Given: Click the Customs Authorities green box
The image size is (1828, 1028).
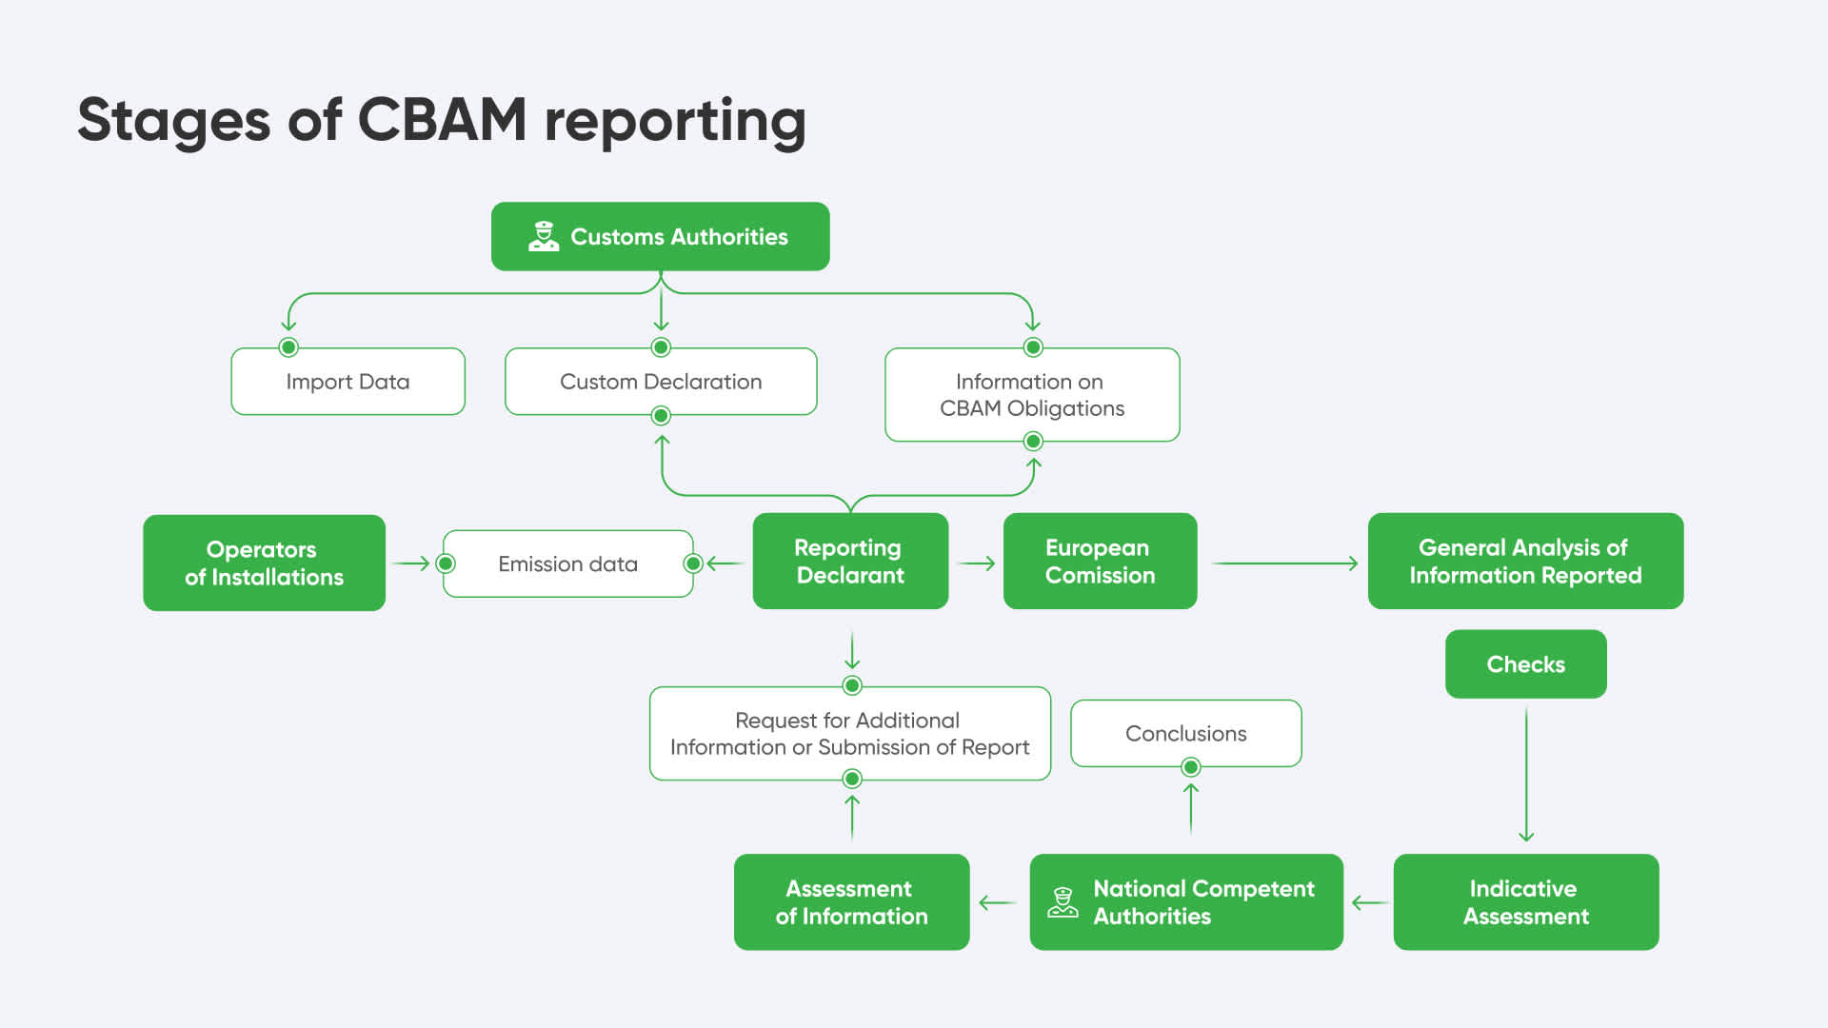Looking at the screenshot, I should click(660, 236).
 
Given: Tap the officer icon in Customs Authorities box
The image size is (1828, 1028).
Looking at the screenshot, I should click(544, 236).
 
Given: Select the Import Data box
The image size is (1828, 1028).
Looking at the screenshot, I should click(348, 382).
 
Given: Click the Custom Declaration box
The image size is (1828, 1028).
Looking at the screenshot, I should click(661, 382).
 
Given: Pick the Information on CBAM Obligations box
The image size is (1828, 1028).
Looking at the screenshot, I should click(1032, 395).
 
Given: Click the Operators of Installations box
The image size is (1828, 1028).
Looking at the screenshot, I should click(264, 563).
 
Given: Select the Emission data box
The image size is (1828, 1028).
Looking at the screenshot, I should click(567, 563).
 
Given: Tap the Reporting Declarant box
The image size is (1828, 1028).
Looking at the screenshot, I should click(850, 562).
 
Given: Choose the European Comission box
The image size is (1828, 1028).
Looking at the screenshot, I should click(1100, 562).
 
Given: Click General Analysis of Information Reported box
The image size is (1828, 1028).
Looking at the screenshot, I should click(1525, 562).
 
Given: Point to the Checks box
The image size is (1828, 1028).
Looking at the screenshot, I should click(1525, 664).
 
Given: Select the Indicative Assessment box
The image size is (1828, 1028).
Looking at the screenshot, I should click(1525, 902).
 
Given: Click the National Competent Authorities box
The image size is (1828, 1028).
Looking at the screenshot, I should click(1186, 902).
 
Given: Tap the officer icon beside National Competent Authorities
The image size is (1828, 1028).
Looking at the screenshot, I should click(1063, 902).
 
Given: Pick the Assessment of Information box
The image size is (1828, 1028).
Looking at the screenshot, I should click(851, 902).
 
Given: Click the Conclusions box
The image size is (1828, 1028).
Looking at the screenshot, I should click(1185, 733).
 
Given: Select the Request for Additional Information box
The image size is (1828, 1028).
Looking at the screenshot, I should click(849, 733).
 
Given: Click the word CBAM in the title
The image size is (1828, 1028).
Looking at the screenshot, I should click(442, 121).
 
